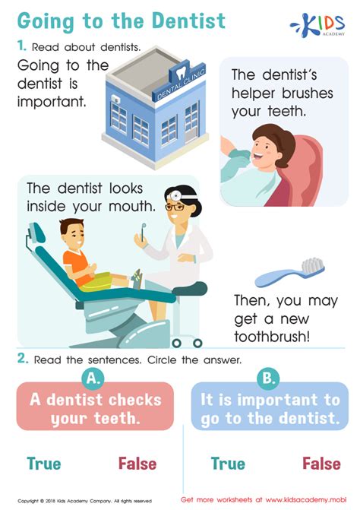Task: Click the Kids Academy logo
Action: tap(317, 25)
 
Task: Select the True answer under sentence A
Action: tap(44, 463)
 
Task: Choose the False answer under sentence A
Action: tap(137, 463)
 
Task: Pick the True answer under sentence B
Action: tap(228, 463)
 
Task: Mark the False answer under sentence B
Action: tap(322, 463)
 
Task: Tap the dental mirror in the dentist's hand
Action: tap(143, 232)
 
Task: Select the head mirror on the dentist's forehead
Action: tap(175, 196)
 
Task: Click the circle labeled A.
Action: tap(93, 379)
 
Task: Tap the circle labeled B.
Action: tap(268, 379)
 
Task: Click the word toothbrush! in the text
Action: tap(272, 336)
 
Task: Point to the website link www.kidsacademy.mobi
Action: tap(306, 499)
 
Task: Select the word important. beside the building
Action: tap(52, 102)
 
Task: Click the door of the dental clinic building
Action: tap(191, 122)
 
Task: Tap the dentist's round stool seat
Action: tap(190, 288)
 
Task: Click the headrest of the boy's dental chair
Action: tap(36, 233)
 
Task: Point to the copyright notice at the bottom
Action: tap(84, 501)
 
